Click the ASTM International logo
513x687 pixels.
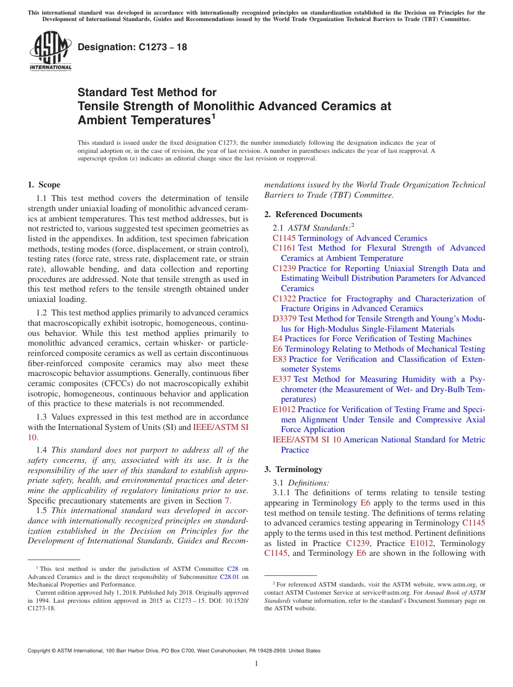(x=50, y=51)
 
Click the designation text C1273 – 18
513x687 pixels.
(x=132, y=47)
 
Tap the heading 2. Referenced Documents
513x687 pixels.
(x=313, y=214)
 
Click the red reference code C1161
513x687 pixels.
(x=284, y=248)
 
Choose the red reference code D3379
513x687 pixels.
(x=285, y=319)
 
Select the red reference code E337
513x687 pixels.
(x=282, y=379)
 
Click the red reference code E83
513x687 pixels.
(x=280, y=359)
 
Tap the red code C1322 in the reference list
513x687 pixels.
(x=284, y=299)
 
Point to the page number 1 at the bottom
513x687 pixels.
(x=256, y=664)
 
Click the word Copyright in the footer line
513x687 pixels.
(x=40, y=651)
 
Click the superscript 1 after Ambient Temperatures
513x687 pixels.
(x=214, y=115)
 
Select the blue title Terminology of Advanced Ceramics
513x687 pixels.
(x=362, y=238)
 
